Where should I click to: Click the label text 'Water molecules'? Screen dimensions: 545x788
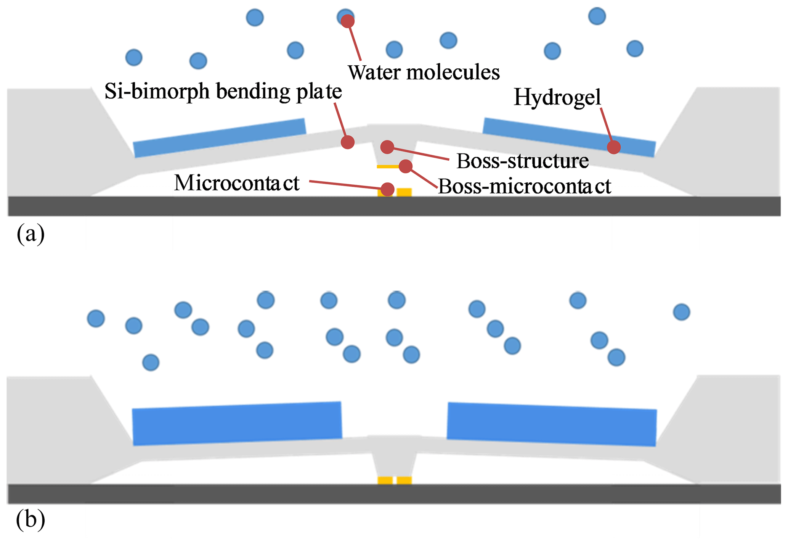click(x=423, y=72)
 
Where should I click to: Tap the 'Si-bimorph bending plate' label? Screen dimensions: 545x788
click(x=223, y=91)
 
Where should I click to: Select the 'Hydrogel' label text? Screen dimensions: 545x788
click(x=557, y=97)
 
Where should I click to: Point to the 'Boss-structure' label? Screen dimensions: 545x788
click(x=522, y=161)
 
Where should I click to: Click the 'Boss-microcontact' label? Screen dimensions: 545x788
click(x=525, y=186)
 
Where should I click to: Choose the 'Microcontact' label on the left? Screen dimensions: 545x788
click(x=237, y=183)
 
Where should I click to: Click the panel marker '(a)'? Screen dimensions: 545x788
click(x=30, y=234)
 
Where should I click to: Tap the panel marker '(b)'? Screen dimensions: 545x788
click(x=30, y=520)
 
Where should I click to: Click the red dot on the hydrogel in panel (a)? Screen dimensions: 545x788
click(x=613, y=147)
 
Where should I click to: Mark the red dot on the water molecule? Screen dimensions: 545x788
click(x=347, y=21)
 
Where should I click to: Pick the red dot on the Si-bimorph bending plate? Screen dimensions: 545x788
click(x=347, y=142)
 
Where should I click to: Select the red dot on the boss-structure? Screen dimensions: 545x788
click(x=387, y=147)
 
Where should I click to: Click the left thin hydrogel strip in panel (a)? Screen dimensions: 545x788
click(x=220, y=138)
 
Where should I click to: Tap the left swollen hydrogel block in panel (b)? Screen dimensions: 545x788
click(x=236, y=424)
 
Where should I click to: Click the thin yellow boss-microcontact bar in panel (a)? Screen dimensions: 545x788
click(x=386, y=167)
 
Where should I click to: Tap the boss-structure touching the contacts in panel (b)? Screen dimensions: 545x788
click(x=395, y=462)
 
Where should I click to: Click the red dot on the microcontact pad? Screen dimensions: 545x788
click(x=387, y=189)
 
